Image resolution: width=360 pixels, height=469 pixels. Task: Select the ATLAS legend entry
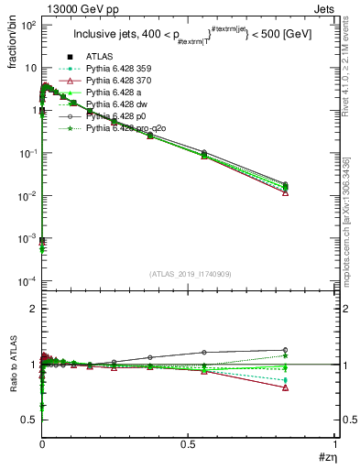pyautogui.click(x=98, y=58)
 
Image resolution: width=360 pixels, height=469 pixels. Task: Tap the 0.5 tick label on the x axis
pyautogui.click(x=189, y=444)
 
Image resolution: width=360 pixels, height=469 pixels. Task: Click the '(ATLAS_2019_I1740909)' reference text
pyautogui.click(x=190, y=274)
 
